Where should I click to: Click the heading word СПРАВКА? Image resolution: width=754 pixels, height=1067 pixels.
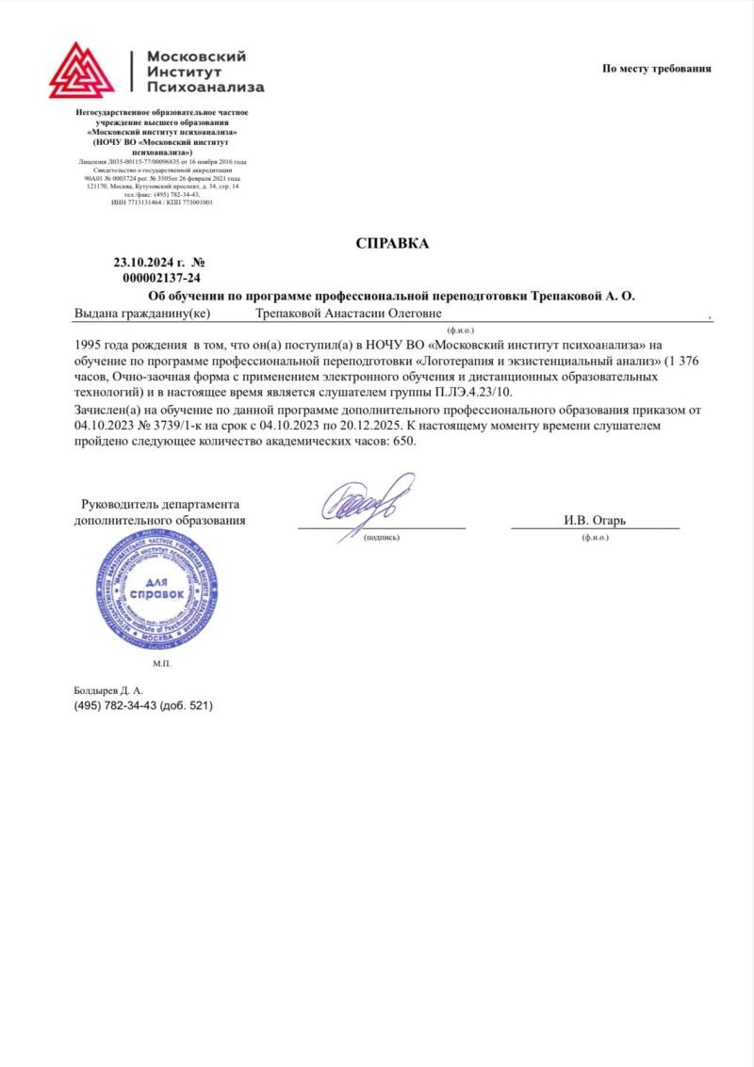tap(392, 244)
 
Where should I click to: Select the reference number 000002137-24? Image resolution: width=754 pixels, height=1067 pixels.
tap(161, 278)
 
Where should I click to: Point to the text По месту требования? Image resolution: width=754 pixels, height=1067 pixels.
tap(657, 68)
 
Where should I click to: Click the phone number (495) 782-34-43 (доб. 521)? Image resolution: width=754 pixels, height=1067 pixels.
tap(143, 705)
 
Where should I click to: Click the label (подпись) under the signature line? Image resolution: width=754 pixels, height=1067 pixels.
tap(381, 538)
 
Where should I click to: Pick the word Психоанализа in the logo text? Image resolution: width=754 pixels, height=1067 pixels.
tap(205, 88)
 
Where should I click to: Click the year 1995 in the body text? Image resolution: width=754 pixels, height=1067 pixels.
tap(90, 344)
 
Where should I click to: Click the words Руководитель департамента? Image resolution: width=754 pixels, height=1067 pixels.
tap(160, 504)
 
